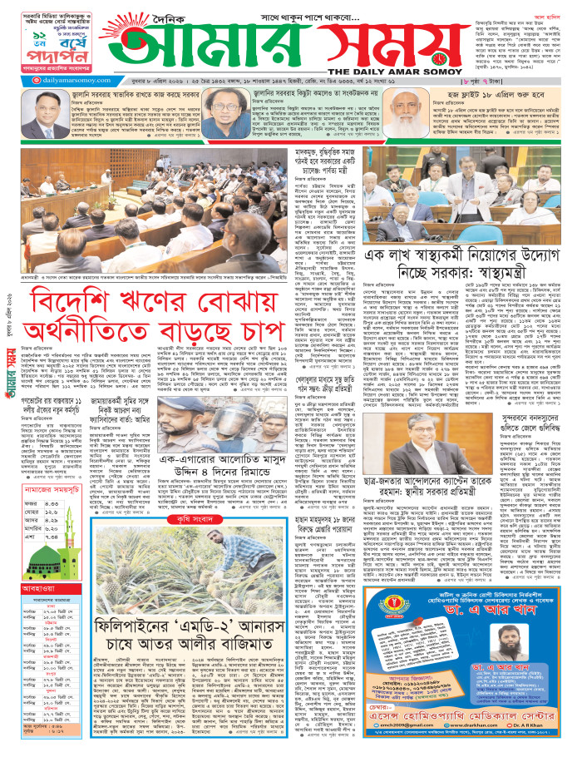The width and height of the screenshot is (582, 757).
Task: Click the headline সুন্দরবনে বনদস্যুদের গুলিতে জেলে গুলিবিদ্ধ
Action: point(524,426)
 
